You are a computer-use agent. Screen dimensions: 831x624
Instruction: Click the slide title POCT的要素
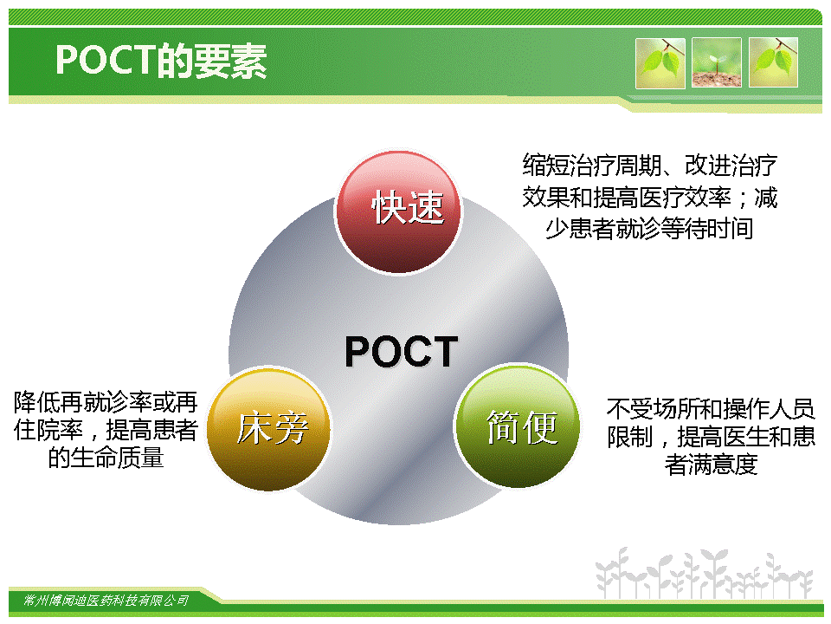coord(161,61)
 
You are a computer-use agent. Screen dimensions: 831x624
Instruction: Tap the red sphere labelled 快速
coord(398,212)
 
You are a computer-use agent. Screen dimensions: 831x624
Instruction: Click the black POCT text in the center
coord(401,351)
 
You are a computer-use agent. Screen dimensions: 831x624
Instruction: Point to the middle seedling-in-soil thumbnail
coord(717,62)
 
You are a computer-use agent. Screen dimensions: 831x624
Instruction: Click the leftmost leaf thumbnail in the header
coord(660,62)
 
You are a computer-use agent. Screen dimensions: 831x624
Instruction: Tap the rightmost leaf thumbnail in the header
coord(773,62)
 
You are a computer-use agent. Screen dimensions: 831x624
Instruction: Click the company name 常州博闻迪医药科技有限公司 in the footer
coord(106,600)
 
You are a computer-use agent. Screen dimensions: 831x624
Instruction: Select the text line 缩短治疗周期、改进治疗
coord(650,166)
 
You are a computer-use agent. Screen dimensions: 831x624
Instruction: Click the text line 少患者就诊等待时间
coord(650,229)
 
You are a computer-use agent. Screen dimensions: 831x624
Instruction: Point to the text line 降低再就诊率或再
coord(106,402)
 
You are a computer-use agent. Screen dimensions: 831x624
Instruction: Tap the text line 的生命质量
coord(106,458)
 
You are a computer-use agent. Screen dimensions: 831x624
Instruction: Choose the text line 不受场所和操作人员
coord(711,408)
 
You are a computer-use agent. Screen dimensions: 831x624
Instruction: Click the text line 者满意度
coord(712,465)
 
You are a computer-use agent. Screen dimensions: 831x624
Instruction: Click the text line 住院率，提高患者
coord(106,430)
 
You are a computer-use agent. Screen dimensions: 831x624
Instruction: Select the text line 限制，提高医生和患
coord(711,437)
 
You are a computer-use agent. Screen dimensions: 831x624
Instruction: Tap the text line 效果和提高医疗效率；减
coord(650,198)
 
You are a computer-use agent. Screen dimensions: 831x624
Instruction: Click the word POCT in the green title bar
coord(106,60)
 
